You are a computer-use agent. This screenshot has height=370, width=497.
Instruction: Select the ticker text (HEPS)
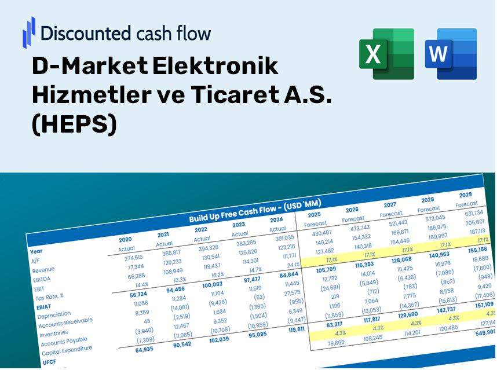[x=74, y=123]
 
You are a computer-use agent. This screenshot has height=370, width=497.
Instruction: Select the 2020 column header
[x=125, y=239]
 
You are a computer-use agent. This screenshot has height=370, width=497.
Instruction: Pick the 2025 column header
[x=314, y=214]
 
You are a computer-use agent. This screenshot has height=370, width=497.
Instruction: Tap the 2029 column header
[x=465, y=195]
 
